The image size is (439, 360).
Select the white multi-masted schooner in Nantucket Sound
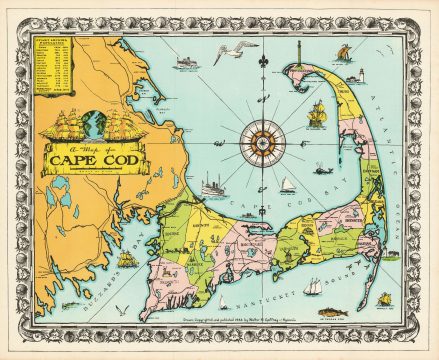coord(314,286)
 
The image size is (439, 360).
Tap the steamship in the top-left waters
coord(186,63)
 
